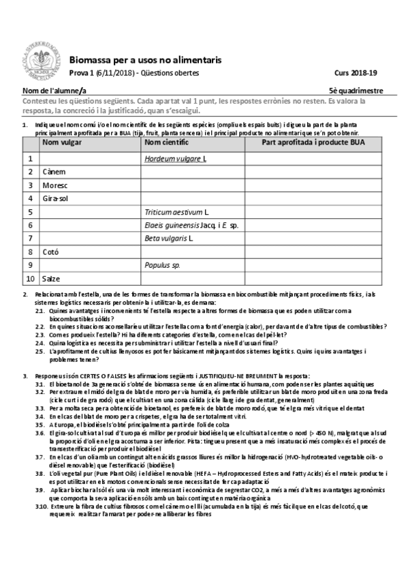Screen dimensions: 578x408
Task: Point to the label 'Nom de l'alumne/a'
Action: (x=54, y=90)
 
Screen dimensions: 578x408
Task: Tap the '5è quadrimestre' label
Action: (x=356, y=90)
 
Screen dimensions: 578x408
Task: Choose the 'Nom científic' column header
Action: (x=167, y=144)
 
